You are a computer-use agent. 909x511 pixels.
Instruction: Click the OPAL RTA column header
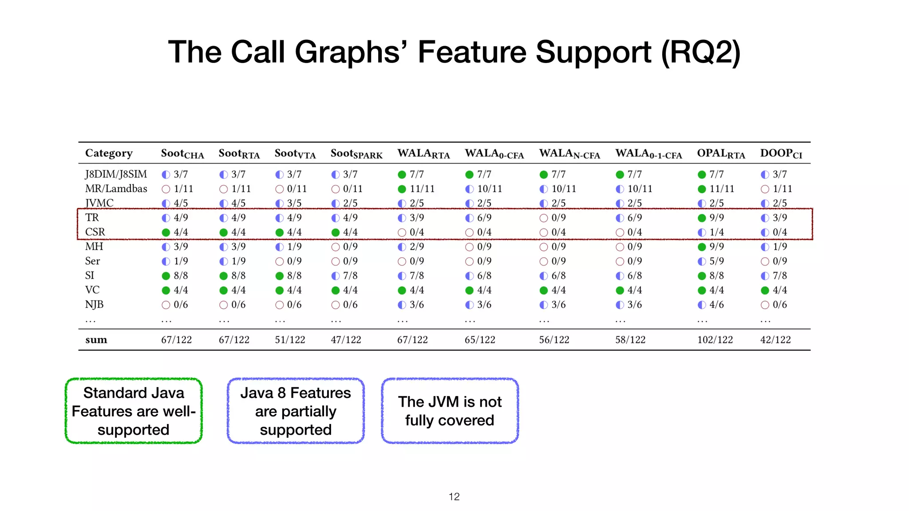(x=721, y=153)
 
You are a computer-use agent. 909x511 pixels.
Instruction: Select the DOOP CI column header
(x=781, y=153)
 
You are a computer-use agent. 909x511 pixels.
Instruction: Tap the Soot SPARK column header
(x=356, y=153)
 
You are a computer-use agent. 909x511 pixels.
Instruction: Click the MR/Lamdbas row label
(x=116, y=189)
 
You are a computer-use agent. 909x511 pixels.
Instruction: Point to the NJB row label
(x=94, y=305)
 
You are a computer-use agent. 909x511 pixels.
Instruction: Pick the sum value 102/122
(x=715, y=340)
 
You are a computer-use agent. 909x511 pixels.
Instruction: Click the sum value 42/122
(x=775, y=340)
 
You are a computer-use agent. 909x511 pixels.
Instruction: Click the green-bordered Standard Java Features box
(x=134, y=411)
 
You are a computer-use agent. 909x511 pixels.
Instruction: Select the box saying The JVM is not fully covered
(x=450, y=411)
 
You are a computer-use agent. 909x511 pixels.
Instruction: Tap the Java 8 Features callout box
(x=296, y=411)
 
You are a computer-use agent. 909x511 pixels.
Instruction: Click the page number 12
(x=454, y=496)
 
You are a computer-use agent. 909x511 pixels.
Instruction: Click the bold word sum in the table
(x=96, y=340)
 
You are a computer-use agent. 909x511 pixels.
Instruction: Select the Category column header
(x=109, y=153)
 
